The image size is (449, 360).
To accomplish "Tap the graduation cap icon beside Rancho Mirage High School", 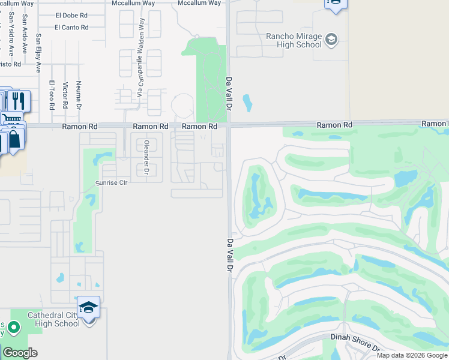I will tap(331, 40).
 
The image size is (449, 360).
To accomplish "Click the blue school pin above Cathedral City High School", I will tap(89, 308).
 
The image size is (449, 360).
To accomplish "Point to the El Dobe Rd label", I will tap(71, 15).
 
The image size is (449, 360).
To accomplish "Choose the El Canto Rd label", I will tap(71, 27).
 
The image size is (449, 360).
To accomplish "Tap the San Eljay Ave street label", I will tap(38, 52).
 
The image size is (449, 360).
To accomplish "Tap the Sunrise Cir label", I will tap(112, 182).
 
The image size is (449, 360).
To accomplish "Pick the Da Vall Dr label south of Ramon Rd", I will tap(229, 256).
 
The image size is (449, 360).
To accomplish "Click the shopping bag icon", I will tap(13, 139).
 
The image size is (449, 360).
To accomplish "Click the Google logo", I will tap(20, 353).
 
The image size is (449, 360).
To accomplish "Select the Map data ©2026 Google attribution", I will tap(412, 355).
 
